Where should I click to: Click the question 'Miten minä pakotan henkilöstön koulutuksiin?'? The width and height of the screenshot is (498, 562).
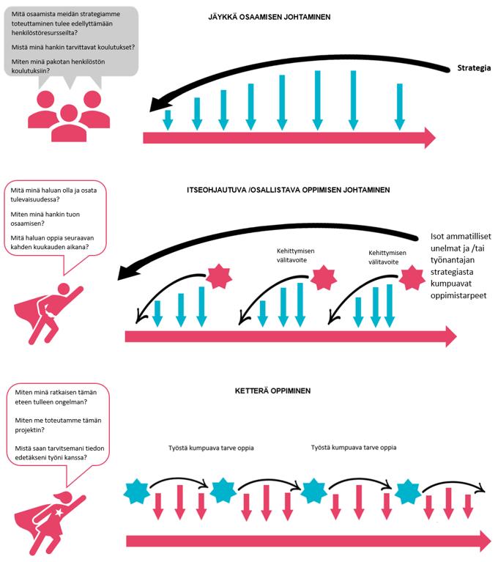point(58,66)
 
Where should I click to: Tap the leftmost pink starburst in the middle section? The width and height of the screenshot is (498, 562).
point(218,276)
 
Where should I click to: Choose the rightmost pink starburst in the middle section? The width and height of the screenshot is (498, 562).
point(412,278)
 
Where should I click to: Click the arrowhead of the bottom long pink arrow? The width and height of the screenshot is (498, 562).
point(483,541)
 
